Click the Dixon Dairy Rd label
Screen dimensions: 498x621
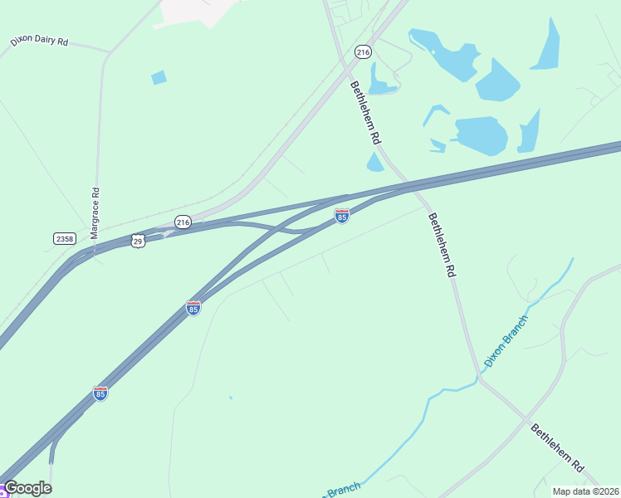click(x=39, y=40)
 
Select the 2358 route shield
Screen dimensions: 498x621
click(x=64, y=238)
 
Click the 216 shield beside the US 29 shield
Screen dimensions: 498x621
click(x=183, y=222)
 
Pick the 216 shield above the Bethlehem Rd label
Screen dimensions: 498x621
click(x=363, y=51)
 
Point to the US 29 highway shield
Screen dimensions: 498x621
click(x=138, y=240)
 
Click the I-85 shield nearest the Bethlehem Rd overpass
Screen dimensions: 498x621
click(x=341, y=216)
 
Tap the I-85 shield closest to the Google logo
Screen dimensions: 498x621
click(x=100, y=393)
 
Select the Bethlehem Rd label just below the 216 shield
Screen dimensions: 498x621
click(x=364, y=113)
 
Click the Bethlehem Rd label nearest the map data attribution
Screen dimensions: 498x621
click(x=558, y=449)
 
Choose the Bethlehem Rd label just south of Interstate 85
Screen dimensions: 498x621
click(x=442, y=245)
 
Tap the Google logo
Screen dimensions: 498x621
click(x=27, y=488)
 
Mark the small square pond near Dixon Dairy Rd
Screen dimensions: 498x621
click(x=159, y=77)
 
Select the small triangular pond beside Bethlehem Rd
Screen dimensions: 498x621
click(x=375, y=162)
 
